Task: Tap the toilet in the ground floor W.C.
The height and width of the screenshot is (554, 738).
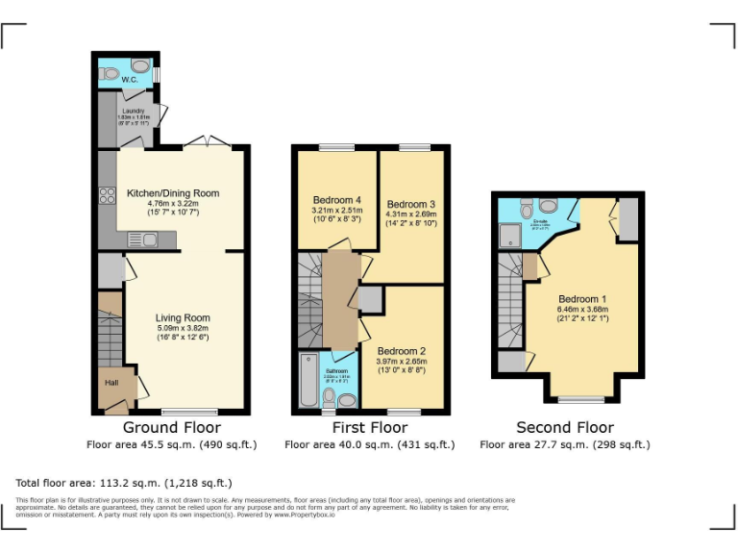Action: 141,66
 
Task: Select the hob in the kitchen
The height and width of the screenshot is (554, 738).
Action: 106,197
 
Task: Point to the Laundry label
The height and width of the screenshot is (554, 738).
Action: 131,112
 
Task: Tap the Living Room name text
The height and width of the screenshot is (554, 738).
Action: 183,317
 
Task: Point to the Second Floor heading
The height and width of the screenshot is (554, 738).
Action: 565,427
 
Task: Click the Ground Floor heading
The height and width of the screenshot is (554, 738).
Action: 172,427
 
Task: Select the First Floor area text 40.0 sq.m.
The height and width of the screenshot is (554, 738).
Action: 369,444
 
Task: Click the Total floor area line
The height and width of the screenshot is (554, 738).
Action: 124,482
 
